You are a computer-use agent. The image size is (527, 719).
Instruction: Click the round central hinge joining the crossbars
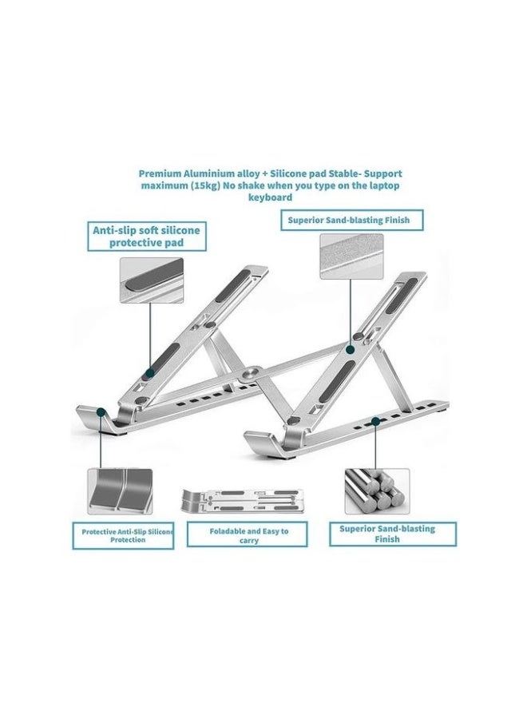click(254, 371)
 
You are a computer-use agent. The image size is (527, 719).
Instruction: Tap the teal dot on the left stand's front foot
click(101, 413)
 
